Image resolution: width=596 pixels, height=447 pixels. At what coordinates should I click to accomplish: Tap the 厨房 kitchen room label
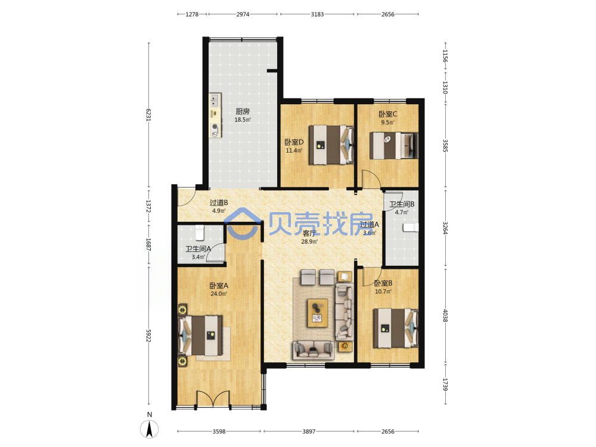[x=243, y=111]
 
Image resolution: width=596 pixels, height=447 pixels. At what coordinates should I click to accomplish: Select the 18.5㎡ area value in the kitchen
[x=243, y=120]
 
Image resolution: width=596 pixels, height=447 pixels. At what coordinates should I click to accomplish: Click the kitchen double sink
[x=215, y=100]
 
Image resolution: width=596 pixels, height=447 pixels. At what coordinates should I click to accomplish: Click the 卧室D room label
[x=294, y=142]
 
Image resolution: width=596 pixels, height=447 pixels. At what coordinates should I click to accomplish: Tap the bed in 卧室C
[x=394, y=145]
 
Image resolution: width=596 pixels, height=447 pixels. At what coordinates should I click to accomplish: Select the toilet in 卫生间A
[x=200, y=232]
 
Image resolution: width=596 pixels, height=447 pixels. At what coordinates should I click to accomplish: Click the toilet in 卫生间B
[x=411, y=227]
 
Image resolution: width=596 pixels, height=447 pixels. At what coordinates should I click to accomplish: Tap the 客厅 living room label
[x=309, y=234]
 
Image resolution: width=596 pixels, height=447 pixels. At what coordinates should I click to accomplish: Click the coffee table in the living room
[x=318, y=312]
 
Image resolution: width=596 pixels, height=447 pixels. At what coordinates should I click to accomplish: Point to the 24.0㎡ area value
[x=219, y=294]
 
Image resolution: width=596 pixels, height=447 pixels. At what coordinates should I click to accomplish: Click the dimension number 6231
[x=148, y=114]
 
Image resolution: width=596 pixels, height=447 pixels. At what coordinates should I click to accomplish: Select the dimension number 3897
[x=309, y=432]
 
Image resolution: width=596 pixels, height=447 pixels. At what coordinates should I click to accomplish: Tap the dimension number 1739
[x=445, y=384]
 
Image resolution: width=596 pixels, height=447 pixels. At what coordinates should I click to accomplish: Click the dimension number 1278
[x=192, y=14]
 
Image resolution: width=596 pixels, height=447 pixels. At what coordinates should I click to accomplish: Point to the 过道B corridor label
[x=219, y=203]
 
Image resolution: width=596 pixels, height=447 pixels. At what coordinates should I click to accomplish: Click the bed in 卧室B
[x=396, y=328]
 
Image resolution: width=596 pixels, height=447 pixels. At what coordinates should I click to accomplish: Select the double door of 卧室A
[x=213, y=399]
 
